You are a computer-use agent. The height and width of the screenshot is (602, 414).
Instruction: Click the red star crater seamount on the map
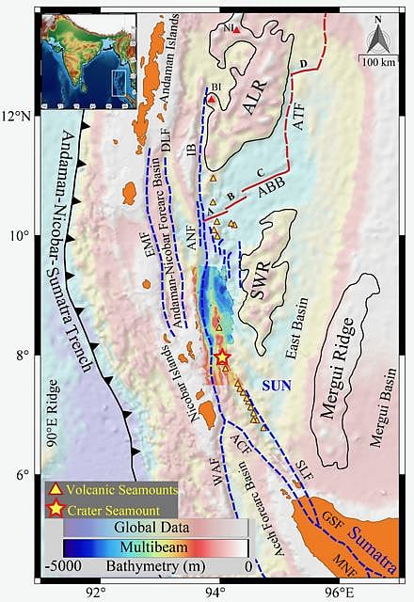click(222, 357)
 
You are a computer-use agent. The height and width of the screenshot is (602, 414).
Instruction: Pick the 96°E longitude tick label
click(339, 593)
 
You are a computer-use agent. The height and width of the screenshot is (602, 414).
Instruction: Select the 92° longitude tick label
click(95, 593)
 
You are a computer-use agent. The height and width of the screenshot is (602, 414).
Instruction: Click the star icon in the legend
click(56, 509)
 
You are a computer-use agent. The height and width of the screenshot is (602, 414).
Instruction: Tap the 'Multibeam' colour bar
click(155, 547)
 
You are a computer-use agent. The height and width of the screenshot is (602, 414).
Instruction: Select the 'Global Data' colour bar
click(155, 527)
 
